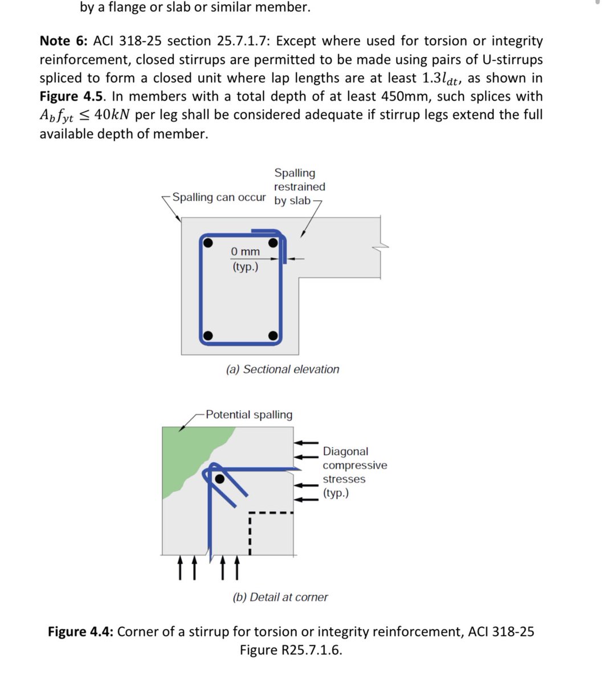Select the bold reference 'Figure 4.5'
[x=72, y=97]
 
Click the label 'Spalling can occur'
[x=219, y=198]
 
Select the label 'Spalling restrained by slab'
[x=299, y=187]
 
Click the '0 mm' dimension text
[x=245, y=252]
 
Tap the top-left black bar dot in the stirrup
[x=209, y=243]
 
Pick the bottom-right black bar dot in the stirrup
[x=274, y=335]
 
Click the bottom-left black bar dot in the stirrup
[x=209, y=335]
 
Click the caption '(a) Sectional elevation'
[x=283, y=369]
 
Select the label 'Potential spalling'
[x=249, y=415]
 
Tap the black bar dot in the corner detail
[x=219, y=479]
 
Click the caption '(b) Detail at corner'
[x=280, y=597]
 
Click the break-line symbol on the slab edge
[x=381, y=245]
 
